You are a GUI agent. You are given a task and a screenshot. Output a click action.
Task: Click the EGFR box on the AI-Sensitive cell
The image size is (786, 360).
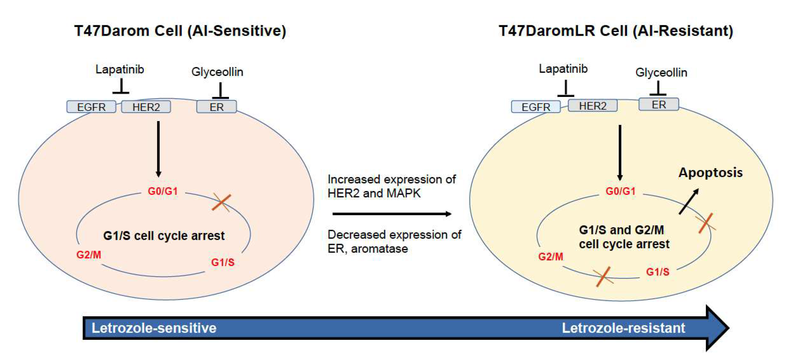click(91, 107)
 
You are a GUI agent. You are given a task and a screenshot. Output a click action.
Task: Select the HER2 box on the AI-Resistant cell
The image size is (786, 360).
click(593, 106)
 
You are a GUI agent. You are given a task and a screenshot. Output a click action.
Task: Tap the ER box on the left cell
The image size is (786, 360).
click(217, 107)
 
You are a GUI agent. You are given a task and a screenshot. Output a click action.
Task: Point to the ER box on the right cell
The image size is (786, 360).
click(659, 104)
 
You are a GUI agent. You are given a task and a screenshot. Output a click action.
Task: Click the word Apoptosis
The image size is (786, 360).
click(710, 173)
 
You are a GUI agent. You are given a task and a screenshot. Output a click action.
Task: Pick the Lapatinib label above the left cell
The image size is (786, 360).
click(120, 69)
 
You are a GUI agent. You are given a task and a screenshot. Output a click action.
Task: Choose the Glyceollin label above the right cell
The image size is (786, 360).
click(661, 73)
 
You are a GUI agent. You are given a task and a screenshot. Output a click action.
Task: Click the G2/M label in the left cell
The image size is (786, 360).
click(89, 255)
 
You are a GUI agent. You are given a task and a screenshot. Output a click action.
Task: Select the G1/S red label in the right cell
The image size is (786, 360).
click(657, 272)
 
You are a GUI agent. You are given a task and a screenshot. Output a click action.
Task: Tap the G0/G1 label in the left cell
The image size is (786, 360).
click(163, 191)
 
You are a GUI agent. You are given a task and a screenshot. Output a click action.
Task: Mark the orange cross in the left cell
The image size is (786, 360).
click(222, 202)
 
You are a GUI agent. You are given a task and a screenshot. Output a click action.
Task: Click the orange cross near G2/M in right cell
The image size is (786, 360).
click(603, 277)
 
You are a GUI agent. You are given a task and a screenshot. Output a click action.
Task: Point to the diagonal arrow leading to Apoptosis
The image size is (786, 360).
click(689, 202)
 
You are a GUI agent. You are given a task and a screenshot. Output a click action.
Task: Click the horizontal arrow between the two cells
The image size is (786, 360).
click(392, 214)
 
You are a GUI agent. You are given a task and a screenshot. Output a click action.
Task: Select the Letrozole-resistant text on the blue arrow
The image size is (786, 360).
click(623, 328)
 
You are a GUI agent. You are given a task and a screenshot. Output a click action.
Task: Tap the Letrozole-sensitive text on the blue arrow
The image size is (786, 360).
click(154, 328)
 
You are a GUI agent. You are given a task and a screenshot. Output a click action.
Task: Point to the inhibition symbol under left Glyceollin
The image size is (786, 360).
click(220, 91)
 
